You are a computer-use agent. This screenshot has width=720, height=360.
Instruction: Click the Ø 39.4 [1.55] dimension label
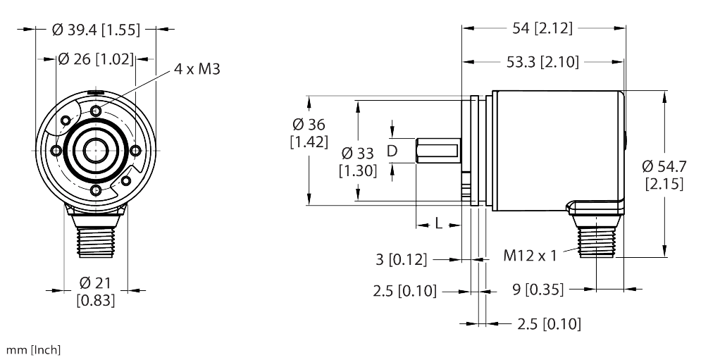[x=97, y=30]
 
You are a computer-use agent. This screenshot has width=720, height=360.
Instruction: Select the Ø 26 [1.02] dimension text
[x=96, y=60]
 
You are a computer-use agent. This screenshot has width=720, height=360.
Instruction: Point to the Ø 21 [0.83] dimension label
[x=96, y=291]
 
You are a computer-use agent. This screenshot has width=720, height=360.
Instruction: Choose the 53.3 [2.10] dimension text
[x=542, y=63]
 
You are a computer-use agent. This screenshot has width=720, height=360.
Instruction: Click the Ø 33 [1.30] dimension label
[x=358, y=161]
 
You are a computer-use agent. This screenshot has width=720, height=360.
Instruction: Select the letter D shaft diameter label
[x=392, y=151]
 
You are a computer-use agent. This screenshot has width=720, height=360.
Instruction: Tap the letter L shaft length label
[x=437, y=224]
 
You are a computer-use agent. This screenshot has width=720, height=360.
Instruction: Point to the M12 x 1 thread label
[x=530, y=255]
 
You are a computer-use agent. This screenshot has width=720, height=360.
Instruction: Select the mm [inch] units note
[x=34, y=350]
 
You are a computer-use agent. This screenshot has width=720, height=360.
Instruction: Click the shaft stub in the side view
[x=437, y=151]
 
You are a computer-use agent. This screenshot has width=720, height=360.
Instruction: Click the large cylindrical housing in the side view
[x=557, y=148]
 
